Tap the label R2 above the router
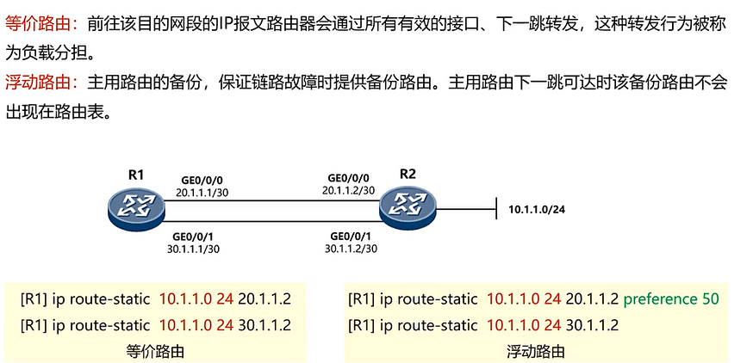pos(408,175)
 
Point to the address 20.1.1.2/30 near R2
pos(348,190)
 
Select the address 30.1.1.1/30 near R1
pos(194,249)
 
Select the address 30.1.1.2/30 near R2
pos(351,249)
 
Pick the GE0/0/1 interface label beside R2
pos(351,236)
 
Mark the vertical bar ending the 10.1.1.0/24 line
pos(498,208)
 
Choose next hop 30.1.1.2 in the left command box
pos(258,326)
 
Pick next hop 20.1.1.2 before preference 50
pos(590,298)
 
